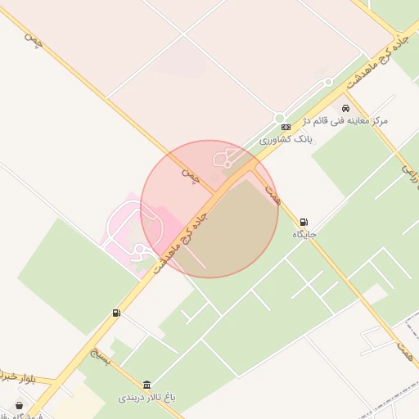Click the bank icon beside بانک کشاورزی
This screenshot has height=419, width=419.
[x=286, y=127]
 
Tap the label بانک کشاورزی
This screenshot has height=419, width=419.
[x=287, y=140]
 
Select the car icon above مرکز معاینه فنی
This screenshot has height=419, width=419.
[x=346, y=108]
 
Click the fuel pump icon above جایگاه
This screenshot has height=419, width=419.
[x=304, y=222]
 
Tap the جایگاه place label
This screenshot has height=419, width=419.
[x=304, y=235]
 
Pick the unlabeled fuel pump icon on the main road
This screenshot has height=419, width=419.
[x=116, y=313]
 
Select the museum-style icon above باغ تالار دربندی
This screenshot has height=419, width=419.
[x=146, y=385]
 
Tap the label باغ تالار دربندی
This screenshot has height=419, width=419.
[x=147, y=398]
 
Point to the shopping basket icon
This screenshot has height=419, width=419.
[x=19, y=405]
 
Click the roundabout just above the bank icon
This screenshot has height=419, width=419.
[x=279, y=118]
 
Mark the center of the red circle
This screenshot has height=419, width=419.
[x=209, y=209]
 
